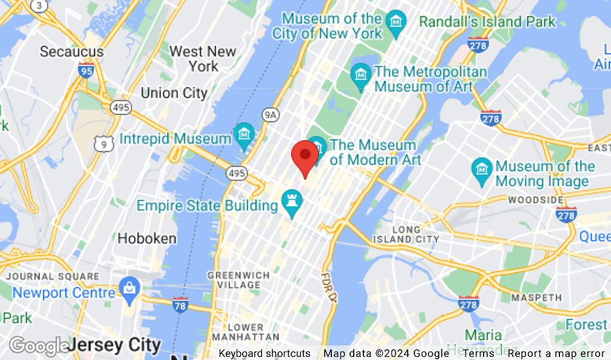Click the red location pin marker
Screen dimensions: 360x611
click(x=305, y=157)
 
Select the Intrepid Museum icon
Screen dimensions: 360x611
click(x=244, y=135)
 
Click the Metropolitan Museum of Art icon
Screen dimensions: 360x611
click(x=362, y=76)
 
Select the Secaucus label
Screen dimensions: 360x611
click(x=71, y=52)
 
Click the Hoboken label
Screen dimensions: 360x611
click(x=147, y=239)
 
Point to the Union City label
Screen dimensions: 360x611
click(x=174, y=93)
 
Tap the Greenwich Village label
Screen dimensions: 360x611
click(x=238, y=280)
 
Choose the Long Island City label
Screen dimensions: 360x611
click(x=416, y=234)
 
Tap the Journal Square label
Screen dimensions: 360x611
click(x=52, y=276)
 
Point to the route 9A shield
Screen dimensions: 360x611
click(x=270, y=114)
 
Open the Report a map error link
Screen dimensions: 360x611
click(x=556, y=353)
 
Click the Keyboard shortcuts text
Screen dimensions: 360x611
click(x=265, y=353)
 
